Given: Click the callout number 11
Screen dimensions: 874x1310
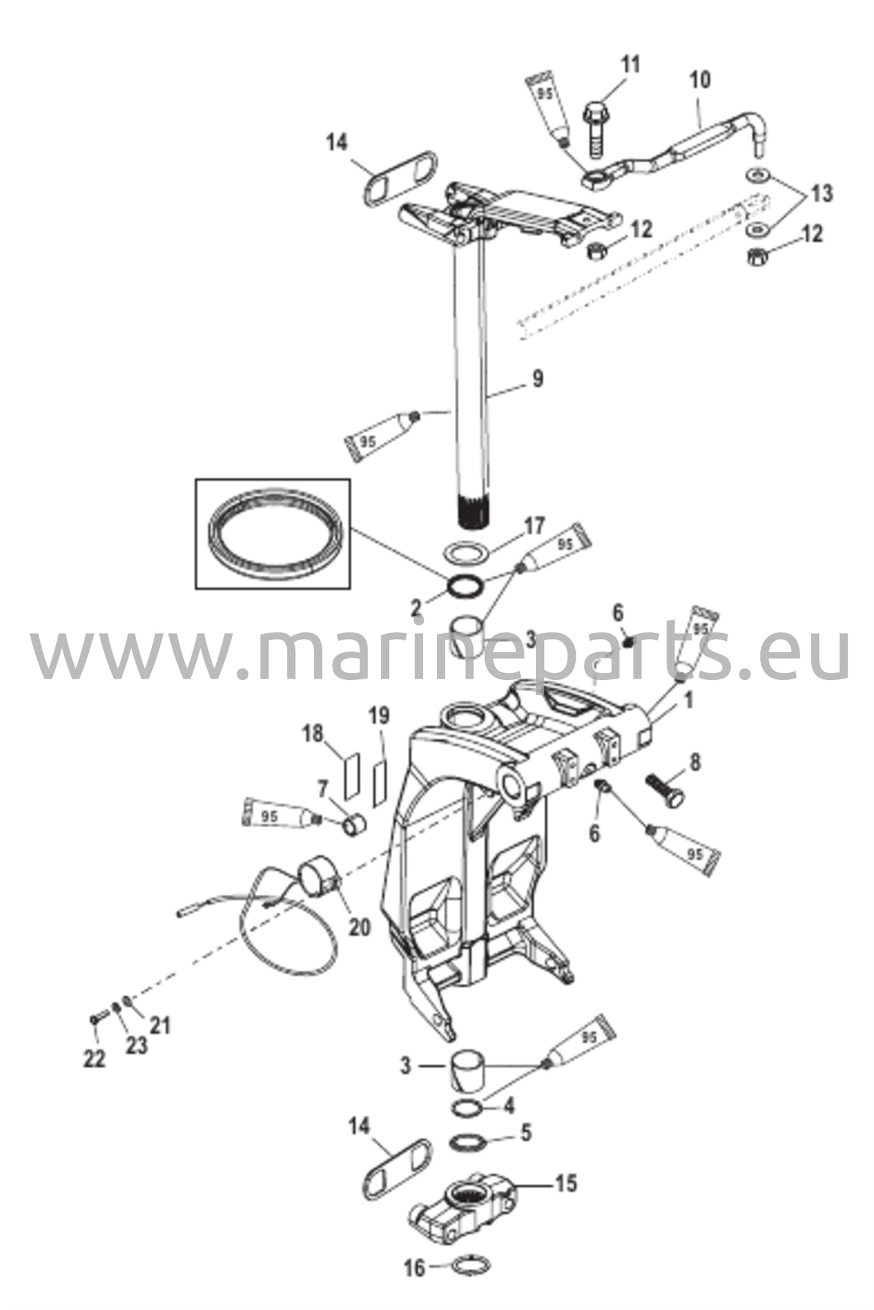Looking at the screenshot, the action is (630, 66).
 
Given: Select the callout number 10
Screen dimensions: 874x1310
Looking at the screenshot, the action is (699, 81).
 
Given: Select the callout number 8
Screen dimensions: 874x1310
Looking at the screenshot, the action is (695, 762).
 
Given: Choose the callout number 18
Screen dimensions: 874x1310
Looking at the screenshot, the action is (314, 734).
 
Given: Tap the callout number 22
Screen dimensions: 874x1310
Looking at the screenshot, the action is (94, 1059).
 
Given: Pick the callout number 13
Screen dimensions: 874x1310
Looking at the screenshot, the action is (822, 193).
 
